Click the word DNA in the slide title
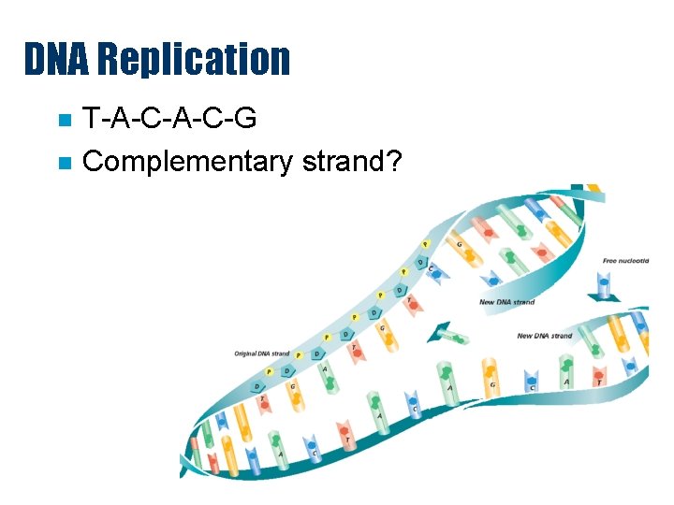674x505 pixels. click(55, 59)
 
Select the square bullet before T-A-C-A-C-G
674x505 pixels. click(64, 121)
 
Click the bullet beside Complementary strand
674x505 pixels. click(64, 163)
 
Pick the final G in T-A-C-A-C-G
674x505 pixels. click(246, 120)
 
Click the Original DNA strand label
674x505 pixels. click(261, 353)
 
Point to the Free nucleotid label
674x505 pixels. click(626, 260)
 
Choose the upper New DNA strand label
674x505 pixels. click(506, 302)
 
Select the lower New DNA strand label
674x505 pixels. click(544, 336)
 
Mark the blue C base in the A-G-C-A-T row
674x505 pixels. click(532, 379)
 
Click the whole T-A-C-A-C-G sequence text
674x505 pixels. click(168, 120)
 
